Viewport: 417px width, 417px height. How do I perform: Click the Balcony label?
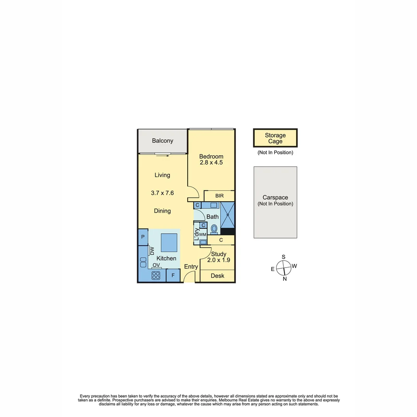[x=163, y=141]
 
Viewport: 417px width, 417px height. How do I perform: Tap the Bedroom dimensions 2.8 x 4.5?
[x=211, y=163]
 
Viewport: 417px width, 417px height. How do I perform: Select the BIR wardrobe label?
[x=219, y=196]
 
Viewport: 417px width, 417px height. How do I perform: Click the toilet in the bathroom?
[x=214, y=228]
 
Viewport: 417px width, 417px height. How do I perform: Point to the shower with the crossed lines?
[x=228, y=215]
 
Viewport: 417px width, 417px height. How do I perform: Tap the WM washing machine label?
[x=203, y=235]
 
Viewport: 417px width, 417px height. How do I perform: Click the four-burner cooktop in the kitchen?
[x=156, y=275]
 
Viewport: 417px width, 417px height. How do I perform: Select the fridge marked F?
[x=173, y=275]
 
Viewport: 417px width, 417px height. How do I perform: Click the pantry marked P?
[x=143, y=237]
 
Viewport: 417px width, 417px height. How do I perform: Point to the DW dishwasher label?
[x=152, y=251]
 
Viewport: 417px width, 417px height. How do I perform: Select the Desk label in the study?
[x=217, y=276]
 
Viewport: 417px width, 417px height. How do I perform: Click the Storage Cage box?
[x=275, y=138]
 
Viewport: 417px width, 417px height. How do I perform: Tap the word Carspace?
[x=275, y=197]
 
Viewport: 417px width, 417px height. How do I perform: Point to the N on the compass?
[x=285, y=279]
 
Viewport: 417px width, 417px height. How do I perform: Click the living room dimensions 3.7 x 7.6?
[x=162, y=192]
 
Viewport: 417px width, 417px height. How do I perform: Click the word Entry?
[x=191, y=267]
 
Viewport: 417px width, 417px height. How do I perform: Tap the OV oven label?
[x=156, y=265]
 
